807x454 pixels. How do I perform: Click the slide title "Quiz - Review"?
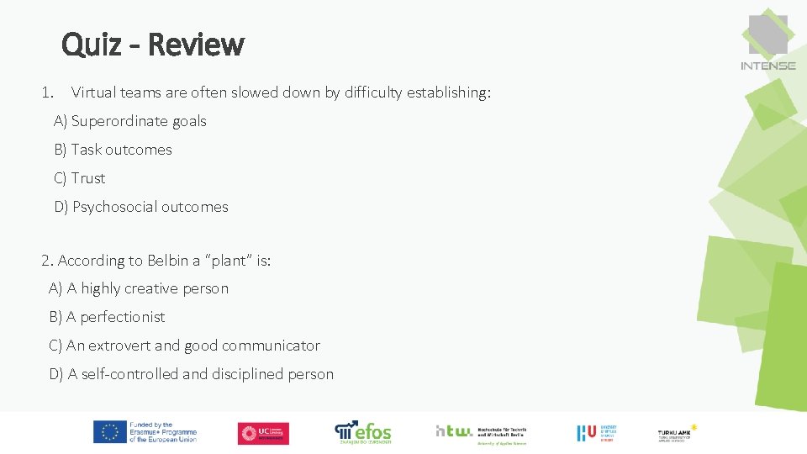153,44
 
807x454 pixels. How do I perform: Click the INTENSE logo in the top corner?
767,42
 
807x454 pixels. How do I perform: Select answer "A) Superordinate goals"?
130,121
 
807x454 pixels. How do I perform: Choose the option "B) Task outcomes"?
113,150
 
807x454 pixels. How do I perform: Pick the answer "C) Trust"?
80,178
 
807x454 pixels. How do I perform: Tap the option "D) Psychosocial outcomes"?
141,207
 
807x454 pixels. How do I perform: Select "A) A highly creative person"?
139,288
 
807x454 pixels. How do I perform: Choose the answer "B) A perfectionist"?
107,317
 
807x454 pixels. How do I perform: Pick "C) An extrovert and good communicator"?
184,346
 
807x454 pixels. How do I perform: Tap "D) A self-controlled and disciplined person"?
191,374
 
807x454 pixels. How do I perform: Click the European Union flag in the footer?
109,432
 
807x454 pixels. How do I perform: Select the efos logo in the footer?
363,431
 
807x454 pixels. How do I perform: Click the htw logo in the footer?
454,431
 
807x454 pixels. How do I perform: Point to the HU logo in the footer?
586,432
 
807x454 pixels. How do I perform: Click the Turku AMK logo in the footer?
676,432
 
